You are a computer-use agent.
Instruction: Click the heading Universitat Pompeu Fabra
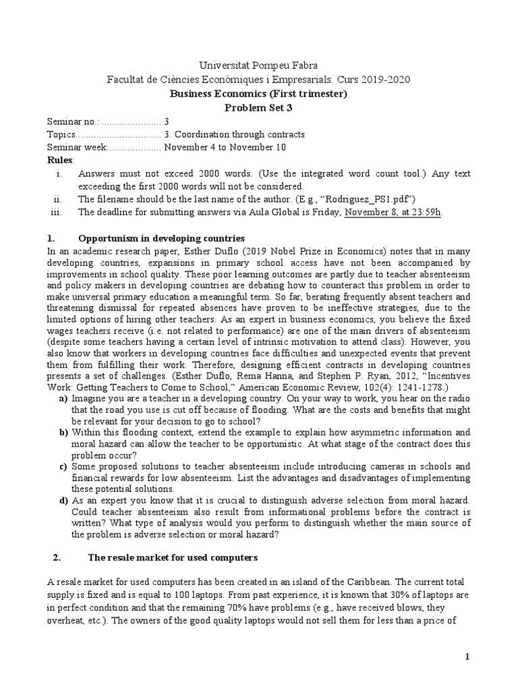pyautogui.click(x=259, y=65)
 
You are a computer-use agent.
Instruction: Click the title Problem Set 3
pyautogui.click(x=259, y=107)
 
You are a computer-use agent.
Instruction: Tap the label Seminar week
pyautogui.click(x=76, y=147)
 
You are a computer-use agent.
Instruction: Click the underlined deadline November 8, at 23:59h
pyautogui.click(x=393, y=211)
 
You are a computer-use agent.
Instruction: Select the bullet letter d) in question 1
pyautogui.click(x=63, y=501)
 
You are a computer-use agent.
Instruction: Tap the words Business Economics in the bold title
pyautogui.click(x=210, y=94)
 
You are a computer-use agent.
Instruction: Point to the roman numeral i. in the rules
pyautogui.click(x=59, y=173)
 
